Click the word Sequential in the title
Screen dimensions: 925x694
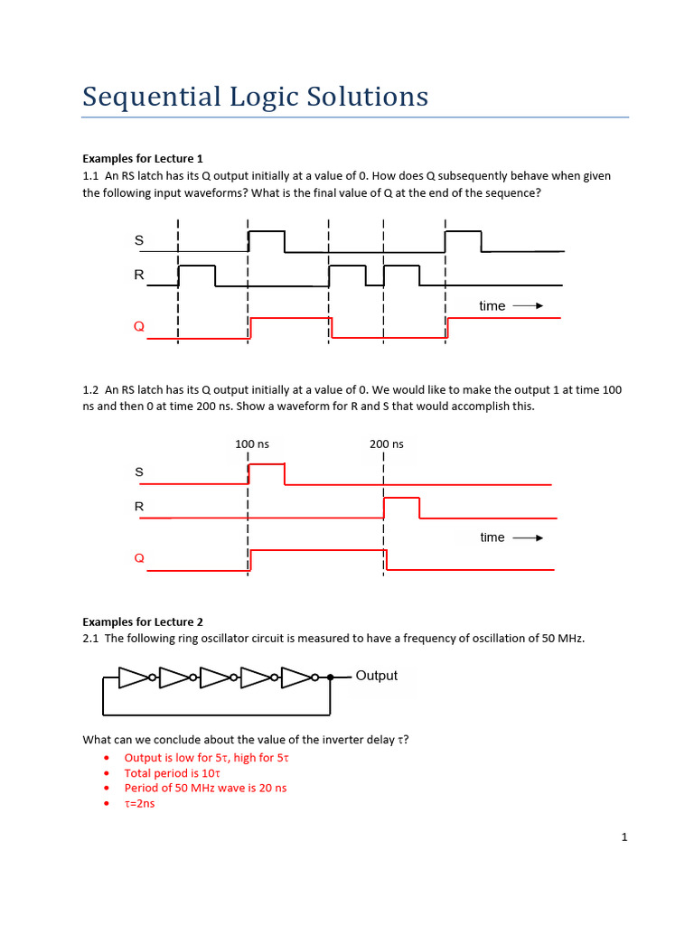point(139,97)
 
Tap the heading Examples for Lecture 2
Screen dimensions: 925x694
point(143,621)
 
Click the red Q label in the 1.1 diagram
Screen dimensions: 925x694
point(139,326)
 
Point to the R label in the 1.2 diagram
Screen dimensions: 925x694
point(139,507)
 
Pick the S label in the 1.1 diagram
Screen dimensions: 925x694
point(139,240)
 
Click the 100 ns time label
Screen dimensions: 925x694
point(252,444)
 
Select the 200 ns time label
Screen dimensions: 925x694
point(387,444)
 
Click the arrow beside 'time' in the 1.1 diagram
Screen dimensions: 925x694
point(528,306)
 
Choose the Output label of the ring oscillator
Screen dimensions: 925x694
point(376,676)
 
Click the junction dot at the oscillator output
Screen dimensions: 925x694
point(331,677)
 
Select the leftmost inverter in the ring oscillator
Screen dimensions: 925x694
point(135,677)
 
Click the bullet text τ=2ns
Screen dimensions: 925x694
point(139,802)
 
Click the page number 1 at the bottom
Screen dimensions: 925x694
point(624,837)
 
